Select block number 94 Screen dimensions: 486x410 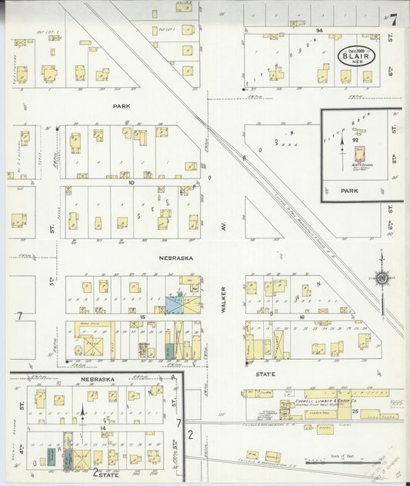318,28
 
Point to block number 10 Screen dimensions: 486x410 132,182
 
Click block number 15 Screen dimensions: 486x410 142,317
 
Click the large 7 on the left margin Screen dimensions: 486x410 20,316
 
